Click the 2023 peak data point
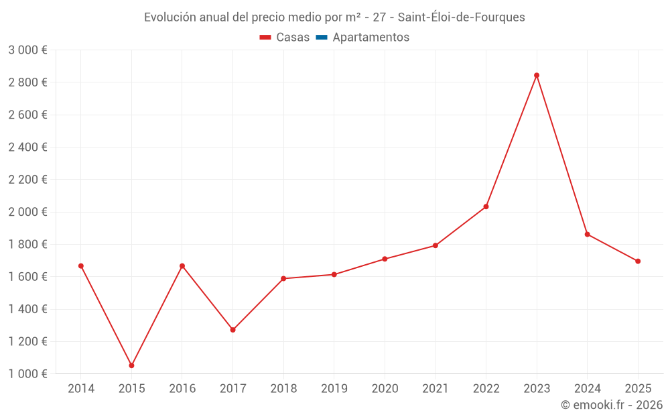tap(537, 75)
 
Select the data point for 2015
tap(131, 365)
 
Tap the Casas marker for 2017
tap(232, 330)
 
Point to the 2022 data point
tap(486, 206)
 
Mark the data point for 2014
tap(81, 266)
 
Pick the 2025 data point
tap(638, 261)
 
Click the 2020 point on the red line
tap(385, 259)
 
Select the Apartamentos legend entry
tap(371, 38)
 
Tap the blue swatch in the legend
tap(321, 38)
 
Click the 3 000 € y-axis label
tap(27, 50)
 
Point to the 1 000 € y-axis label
tap(27, 374)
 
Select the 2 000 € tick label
tap(27, 212)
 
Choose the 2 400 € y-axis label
tap(27, 147)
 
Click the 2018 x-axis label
tap(283, 389)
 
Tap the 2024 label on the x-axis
tap(587, 389)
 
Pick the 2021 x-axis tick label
tap(435, 389)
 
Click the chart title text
tap(334, 17)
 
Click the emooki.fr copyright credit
tap(612, 405)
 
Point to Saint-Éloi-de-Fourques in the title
tap(461, 17)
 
